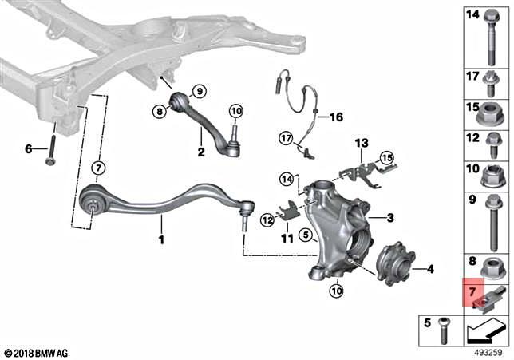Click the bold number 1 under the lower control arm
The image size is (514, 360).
tap(161, 239)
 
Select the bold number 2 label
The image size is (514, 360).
tap(201, 151)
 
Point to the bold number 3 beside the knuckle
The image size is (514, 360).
tap(391, 218)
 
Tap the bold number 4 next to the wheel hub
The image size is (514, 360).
tap(429, 270)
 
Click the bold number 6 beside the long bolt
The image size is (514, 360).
tap(28, 148)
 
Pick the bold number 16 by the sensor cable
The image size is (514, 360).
tap(335, 117)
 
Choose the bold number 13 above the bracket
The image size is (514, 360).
tap(362, 144)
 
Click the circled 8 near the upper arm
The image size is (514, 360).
tap(159, 113)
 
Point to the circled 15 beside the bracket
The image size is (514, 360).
tap(386, 158)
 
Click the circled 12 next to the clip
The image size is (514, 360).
tap(267, 219)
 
